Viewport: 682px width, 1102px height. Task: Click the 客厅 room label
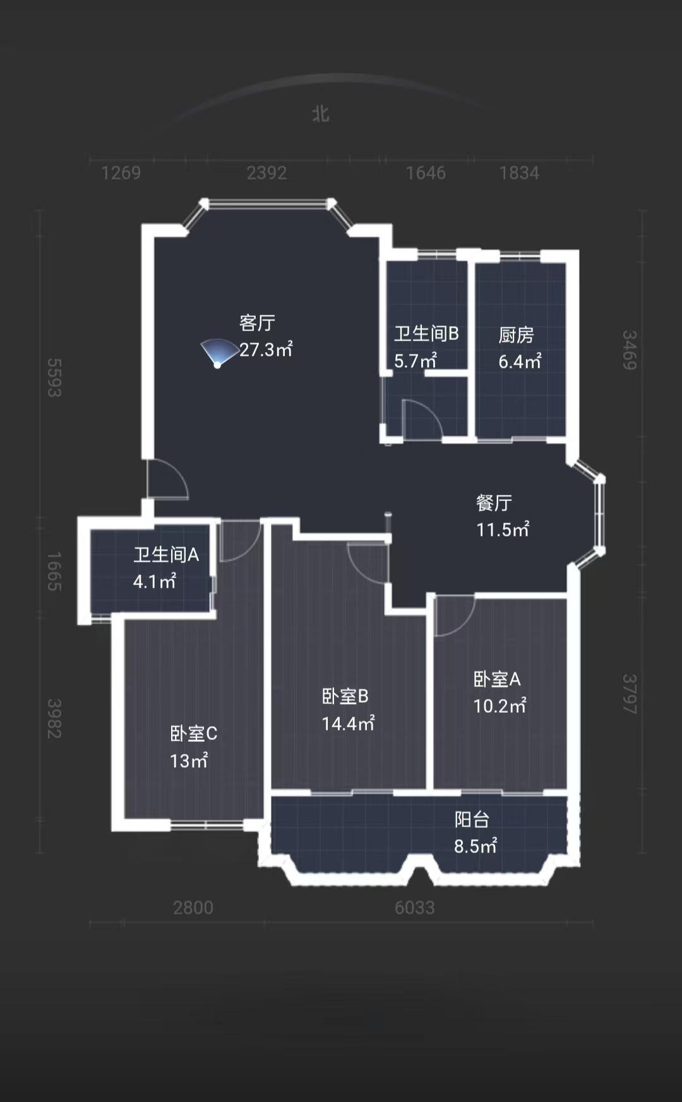[257, 323]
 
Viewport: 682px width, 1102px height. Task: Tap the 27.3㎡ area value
[266, 349]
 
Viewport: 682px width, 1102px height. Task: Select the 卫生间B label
[426, 334]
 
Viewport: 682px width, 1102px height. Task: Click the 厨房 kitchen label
[516, 335]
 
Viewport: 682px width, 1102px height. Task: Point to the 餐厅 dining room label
[494, 503]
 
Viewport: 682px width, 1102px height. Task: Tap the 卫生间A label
[166, 555]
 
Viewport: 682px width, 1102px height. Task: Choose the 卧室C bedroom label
[193, 734]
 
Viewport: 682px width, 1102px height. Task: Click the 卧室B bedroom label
[345, 696]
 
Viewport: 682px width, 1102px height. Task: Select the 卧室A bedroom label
[497, 679]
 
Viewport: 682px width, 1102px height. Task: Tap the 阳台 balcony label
[472, 820]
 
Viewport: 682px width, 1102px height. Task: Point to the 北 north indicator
[321, 114]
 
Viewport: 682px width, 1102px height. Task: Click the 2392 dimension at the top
[266, 173]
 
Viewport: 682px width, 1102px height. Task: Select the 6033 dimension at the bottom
[414, 907]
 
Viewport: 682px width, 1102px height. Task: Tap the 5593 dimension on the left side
[54, 378]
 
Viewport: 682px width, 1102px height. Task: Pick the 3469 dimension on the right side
[630, 350]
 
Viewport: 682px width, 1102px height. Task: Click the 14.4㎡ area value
[348, 724]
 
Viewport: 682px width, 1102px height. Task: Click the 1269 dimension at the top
[121, 173]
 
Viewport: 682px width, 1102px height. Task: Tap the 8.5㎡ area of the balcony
[476, 846]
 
